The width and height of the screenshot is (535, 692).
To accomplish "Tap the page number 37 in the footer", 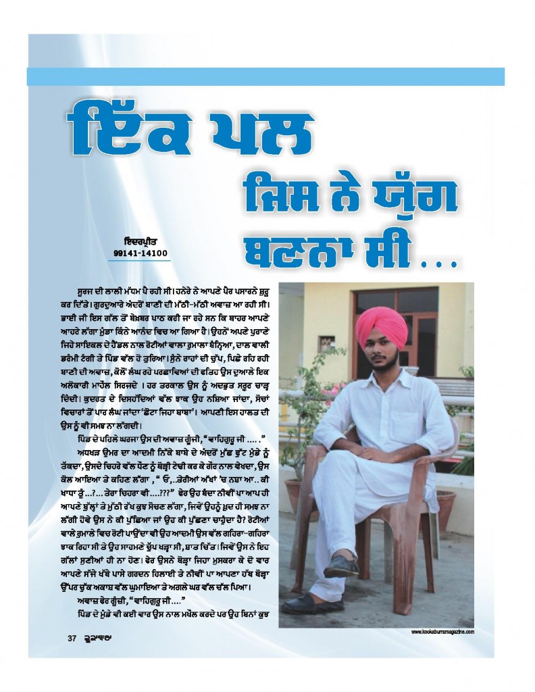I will (x=72, y=639).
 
